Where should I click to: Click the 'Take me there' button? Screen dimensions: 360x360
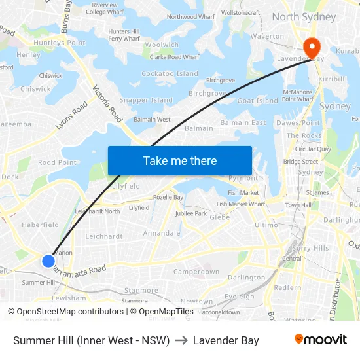click(x=180, y=160)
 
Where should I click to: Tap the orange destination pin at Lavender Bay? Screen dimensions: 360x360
click(x=310, y=46)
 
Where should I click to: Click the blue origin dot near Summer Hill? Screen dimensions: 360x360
click(x=48, y=261)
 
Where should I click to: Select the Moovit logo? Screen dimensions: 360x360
click(x=321, y=340)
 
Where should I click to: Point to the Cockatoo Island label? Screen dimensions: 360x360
click(x=170, y=74)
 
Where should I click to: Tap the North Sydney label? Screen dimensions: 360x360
click(x=304, y=16)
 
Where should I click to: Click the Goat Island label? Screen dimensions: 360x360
click(x=258, y=101)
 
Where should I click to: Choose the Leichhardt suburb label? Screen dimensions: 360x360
click(x=104, y=236)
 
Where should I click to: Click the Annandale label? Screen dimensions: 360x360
click(x=162, y=233)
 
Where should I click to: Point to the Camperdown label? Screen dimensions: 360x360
click(x=196, y=272)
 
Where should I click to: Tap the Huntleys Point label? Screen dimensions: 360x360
click(x=60, y=43)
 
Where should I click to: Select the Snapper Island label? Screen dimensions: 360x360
click(x=146, y=100)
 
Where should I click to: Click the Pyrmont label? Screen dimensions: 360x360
click(x=243, y=178)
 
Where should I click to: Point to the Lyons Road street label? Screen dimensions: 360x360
click(x=72, y=115)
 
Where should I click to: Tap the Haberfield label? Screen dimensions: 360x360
click(x=41, y=225)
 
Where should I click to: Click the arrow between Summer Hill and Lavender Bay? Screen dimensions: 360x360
click(x=181, y=340)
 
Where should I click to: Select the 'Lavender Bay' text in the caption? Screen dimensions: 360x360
click(x=226, y=340)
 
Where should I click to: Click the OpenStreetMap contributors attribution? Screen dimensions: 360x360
click(x=65, y=312)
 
